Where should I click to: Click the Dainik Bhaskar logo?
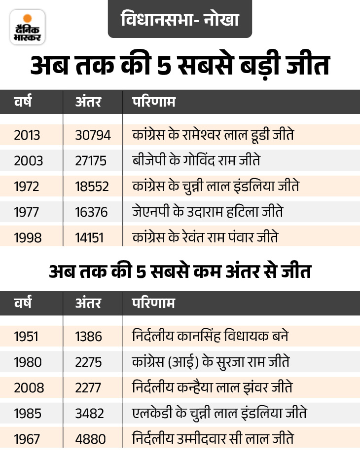[27, 27]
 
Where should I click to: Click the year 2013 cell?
[28, 135]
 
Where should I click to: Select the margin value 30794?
[93, 135]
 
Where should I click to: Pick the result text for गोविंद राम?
[196, 161]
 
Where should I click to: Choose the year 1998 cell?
[28, 238]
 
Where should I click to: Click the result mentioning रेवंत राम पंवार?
[206, 238]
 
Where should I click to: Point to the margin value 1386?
[89, 337]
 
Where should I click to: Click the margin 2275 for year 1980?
[89, 362]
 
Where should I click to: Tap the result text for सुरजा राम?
[211, 362]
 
